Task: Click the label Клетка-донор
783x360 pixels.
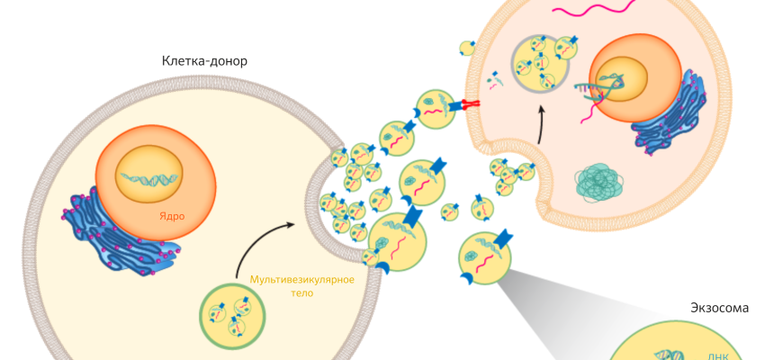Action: click(x=204, y=61)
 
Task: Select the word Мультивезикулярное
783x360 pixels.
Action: click(x=301, y=280)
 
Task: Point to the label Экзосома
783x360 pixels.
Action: click(x=720, y=308)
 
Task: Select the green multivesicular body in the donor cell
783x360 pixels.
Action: click(x=233, y=315)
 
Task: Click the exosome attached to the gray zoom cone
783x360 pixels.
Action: click(x=485, y=257)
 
